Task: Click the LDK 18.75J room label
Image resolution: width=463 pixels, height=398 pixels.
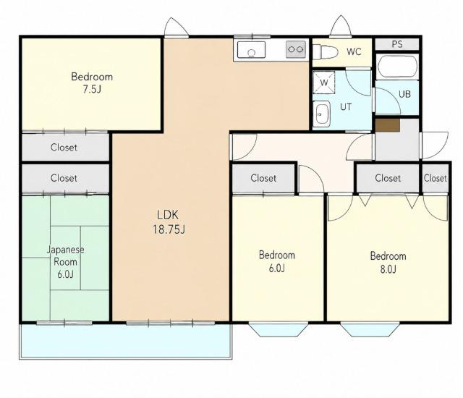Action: point(169,222)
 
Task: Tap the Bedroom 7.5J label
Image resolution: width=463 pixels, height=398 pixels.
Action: point(92,82)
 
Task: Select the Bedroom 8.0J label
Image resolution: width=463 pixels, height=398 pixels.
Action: point(388,262)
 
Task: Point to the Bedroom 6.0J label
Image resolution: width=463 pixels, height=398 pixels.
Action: point(276,261)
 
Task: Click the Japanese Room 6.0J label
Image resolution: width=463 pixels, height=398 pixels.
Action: point(65,262)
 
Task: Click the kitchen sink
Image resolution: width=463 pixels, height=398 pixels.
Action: point(252,50)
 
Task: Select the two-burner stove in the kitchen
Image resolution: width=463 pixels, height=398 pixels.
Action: point(296,49)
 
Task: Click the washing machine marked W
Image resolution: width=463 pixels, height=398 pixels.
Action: point(324,82)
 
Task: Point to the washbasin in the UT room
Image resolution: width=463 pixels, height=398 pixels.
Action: point(321,114)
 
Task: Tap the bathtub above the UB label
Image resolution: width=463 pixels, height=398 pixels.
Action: point(397,67)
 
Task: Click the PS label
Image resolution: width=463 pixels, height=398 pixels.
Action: point(397,44)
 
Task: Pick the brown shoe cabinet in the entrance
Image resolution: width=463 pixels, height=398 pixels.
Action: point(388,125)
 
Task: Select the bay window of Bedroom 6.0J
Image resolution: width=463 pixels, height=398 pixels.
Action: point(278,329)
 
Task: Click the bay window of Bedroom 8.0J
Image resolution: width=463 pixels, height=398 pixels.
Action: point(370,329)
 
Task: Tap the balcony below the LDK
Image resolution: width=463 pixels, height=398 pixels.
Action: point(126,342)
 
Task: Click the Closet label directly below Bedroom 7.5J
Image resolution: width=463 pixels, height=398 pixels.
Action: point(64,147)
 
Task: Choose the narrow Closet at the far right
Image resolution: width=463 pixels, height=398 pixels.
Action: point(436,178)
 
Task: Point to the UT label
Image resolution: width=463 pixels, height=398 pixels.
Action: point(346,106)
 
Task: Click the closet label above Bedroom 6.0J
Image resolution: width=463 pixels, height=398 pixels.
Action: point(263,178)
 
